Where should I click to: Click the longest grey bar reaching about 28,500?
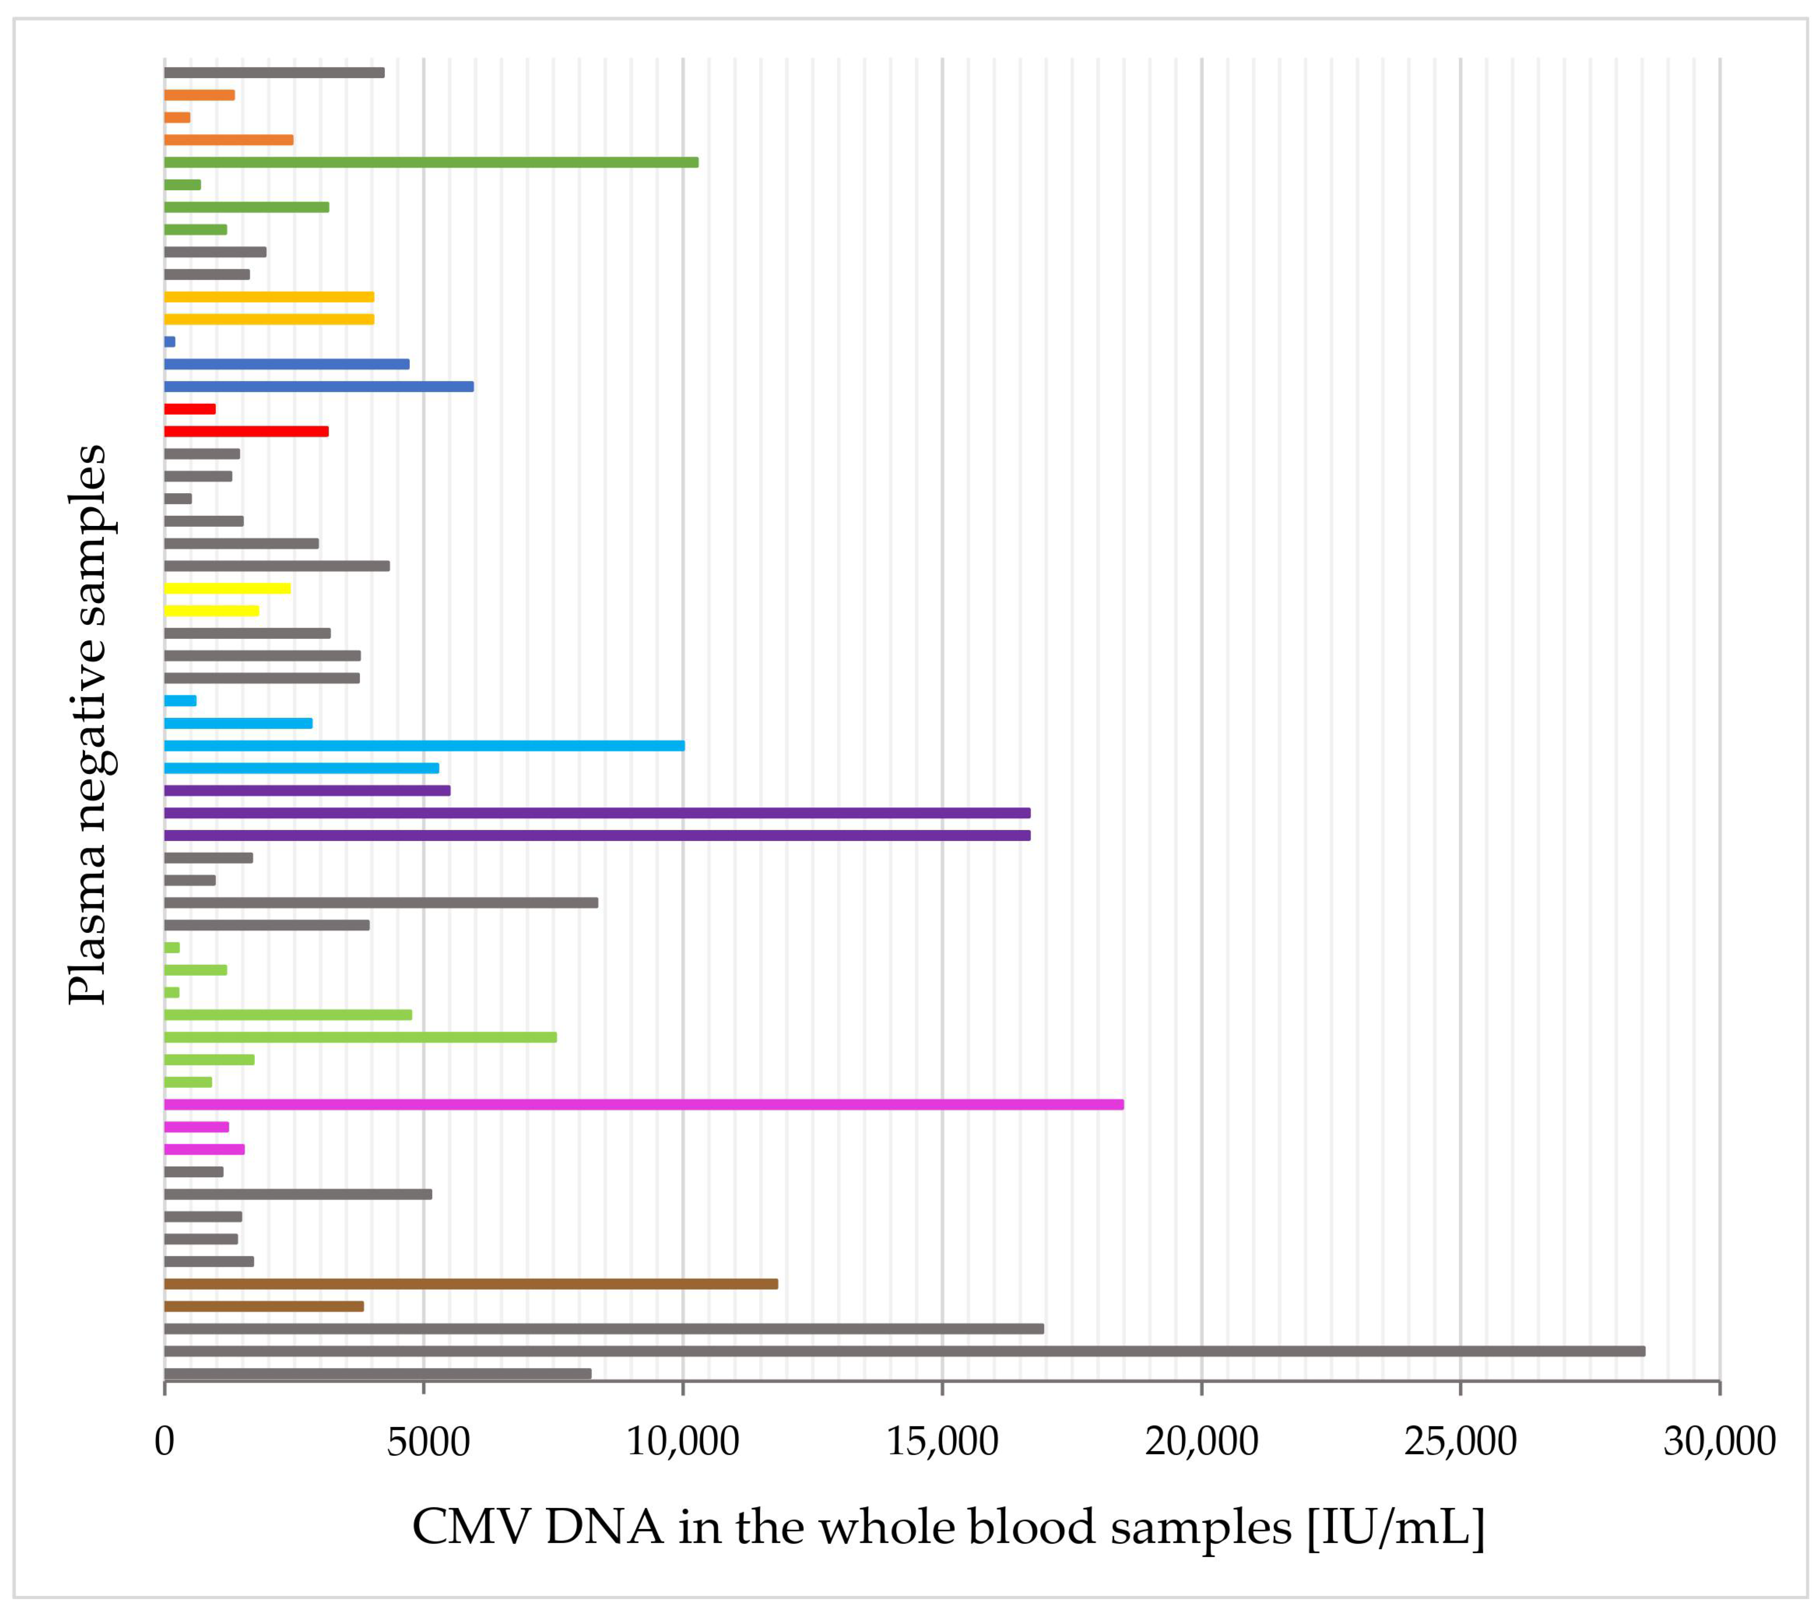(904, 1351)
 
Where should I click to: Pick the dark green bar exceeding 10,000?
(430, 162)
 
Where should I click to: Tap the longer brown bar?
(471, 1284)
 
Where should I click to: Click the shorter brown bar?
(264, 1306)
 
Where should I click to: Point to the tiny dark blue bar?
(170, 341)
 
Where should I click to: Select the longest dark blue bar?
(318, 386)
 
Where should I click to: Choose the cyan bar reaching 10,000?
(424, 746)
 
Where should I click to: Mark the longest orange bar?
(228, 140)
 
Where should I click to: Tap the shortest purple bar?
(307, 790)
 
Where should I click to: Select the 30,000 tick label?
(1718, 1441)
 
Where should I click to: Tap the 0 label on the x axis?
(165, 1441)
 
